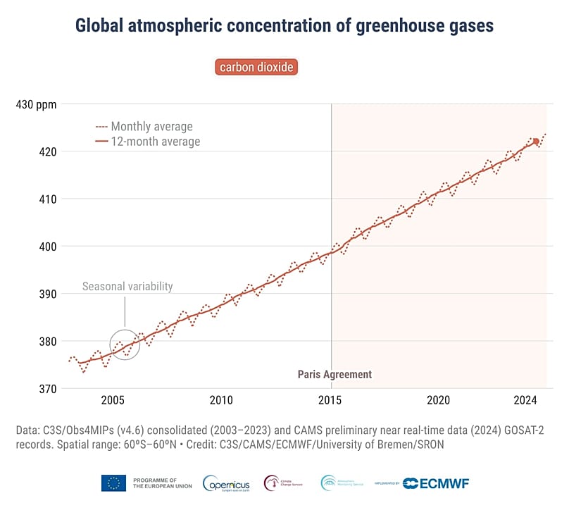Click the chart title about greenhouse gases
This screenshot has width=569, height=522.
284,26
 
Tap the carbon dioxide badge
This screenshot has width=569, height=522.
256,67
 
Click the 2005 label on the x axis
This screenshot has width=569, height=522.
113,400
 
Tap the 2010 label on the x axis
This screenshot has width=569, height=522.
221,400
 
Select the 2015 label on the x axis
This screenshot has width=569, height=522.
331,400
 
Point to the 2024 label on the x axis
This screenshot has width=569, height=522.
526,400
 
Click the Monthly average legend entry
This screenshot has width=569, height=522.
151,127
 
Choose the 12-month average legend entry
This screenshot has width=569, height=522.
155,142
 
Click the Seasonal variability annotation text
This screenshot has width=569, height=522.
127,287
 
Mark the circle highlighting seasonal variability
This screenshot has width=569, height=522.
125,344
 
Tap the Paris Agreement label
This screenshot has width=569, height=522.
334,374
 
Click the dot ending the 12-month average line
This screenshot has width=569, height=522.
536,142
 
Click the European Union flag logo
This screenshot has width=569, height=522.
114,483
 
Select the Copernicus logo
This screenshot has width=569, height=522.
225,483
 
